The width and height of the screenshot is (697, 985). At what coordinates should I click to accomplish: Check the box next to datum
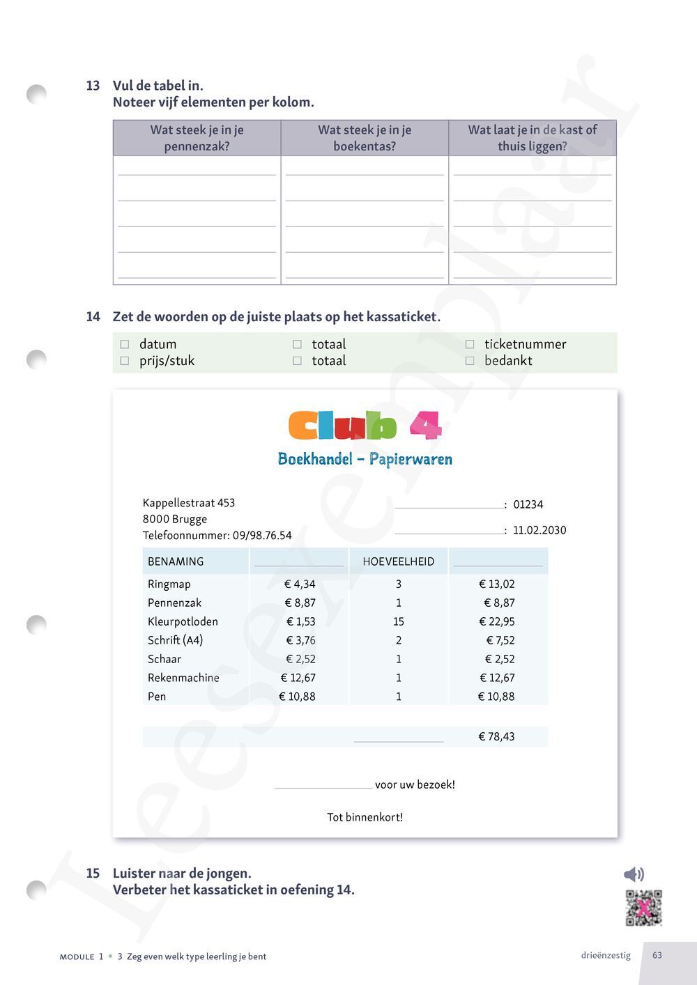(125, 344)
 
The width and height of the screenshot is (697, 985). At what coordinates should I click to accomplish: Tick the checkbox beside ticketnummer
(470, 344)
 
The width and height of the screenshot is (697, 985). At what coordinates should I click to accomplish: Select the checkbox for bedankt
(470, 361)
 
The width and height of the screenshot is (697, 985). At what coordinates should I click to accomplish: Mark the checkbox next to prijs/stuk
(125, 361)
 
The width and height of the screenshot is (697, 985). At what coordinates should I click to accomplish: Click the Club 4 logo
(365, 426)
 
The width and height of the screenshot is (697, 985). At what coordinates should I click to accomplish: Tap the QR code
(643, 908)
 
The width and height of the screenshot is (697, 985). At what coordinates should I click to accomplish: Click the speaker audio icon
(633, 874)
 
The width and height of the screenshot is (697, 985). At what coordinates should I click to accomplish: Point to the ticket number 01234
(528, 504)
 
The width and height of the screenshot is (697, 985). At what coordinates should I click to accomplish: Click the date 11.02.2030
(539, 530)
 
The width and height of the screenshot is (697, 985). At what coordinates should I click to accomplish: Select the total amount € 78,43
(496, 736)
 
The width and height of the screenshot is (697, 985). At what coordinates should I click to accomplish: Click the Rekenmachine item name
(183, 678)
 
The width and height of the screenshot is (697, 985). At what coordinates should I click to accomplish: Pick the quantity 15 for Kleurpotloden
(399, 621)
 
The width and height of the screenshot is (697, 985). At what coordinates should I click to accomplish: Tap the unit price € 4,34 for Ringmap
(300, 584)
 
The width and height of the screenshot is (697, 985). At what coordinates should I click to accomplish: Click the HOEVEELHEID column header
(398, 561)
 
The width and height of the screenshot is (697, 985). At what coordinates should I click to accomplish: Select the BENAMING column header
(176, 561)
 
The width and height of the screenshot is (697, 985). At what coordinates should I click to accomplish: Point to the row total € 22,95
(496, 621)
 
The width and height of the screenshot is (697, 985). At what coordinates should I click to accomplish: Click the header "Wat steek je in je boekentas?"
(365, 138)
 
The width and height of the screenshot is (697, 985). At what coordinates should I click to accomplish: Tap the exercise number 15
(93, 874)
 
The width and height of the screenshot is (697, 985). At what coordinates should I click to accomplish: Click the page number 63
(657, 955)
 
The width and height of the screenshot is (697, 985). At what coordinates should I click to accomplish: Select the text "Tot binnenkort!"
(365, 817)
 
